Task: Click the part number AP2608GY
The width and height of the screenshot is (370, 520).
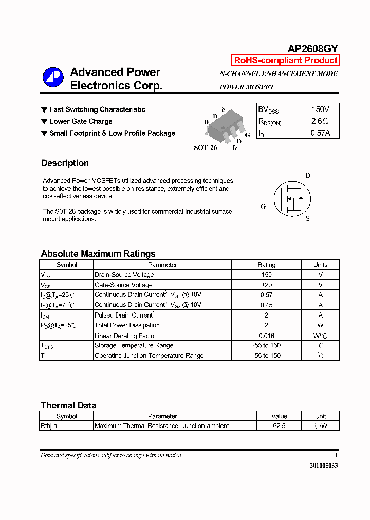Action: (312, 49)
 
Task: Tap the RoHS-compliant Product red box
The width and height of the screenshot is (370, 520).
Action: (286, 60)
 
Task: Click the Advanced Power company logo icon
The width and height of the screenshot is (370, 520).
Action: (52, 78)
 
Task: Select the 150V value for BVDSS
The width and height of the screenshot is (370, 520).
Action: (320, 109)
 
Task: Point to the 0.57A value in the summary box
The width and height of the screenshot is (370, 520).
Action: (320, 133)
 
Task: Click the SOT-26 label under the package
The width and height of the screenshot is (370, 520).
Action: (205, 147)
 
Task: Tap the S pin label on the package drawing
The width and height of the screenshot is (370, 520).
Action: (224, 109)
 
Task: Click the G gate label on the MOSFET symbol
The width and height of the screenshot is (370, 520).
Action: (263, 207)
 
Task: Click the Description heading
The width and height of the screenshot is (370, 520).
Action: (65, 163)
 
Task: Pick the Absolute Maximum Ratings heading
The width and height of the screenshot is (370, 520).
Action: (98, 254)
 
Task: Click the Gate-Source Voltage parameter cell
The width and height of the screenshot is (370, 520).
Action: (123, 285)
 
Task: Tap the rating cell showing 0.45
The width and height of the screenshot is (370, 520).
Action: (266, 305)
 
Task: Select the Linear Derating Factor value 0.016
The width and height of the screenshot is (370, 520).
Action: (266, 336)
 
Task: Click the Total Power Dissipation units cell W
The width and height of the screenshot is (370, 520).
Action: (320, 325)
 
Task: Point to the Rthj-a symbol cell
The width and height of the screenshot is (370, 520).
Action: (49, 426)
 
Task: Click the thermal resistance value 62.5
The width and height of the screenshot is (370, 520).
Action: (279, 426)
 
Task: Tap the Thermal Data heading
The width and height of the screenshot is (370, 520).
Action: (68, 405)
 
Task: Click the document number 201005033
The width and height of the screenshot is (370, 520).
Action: (324, 466)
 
